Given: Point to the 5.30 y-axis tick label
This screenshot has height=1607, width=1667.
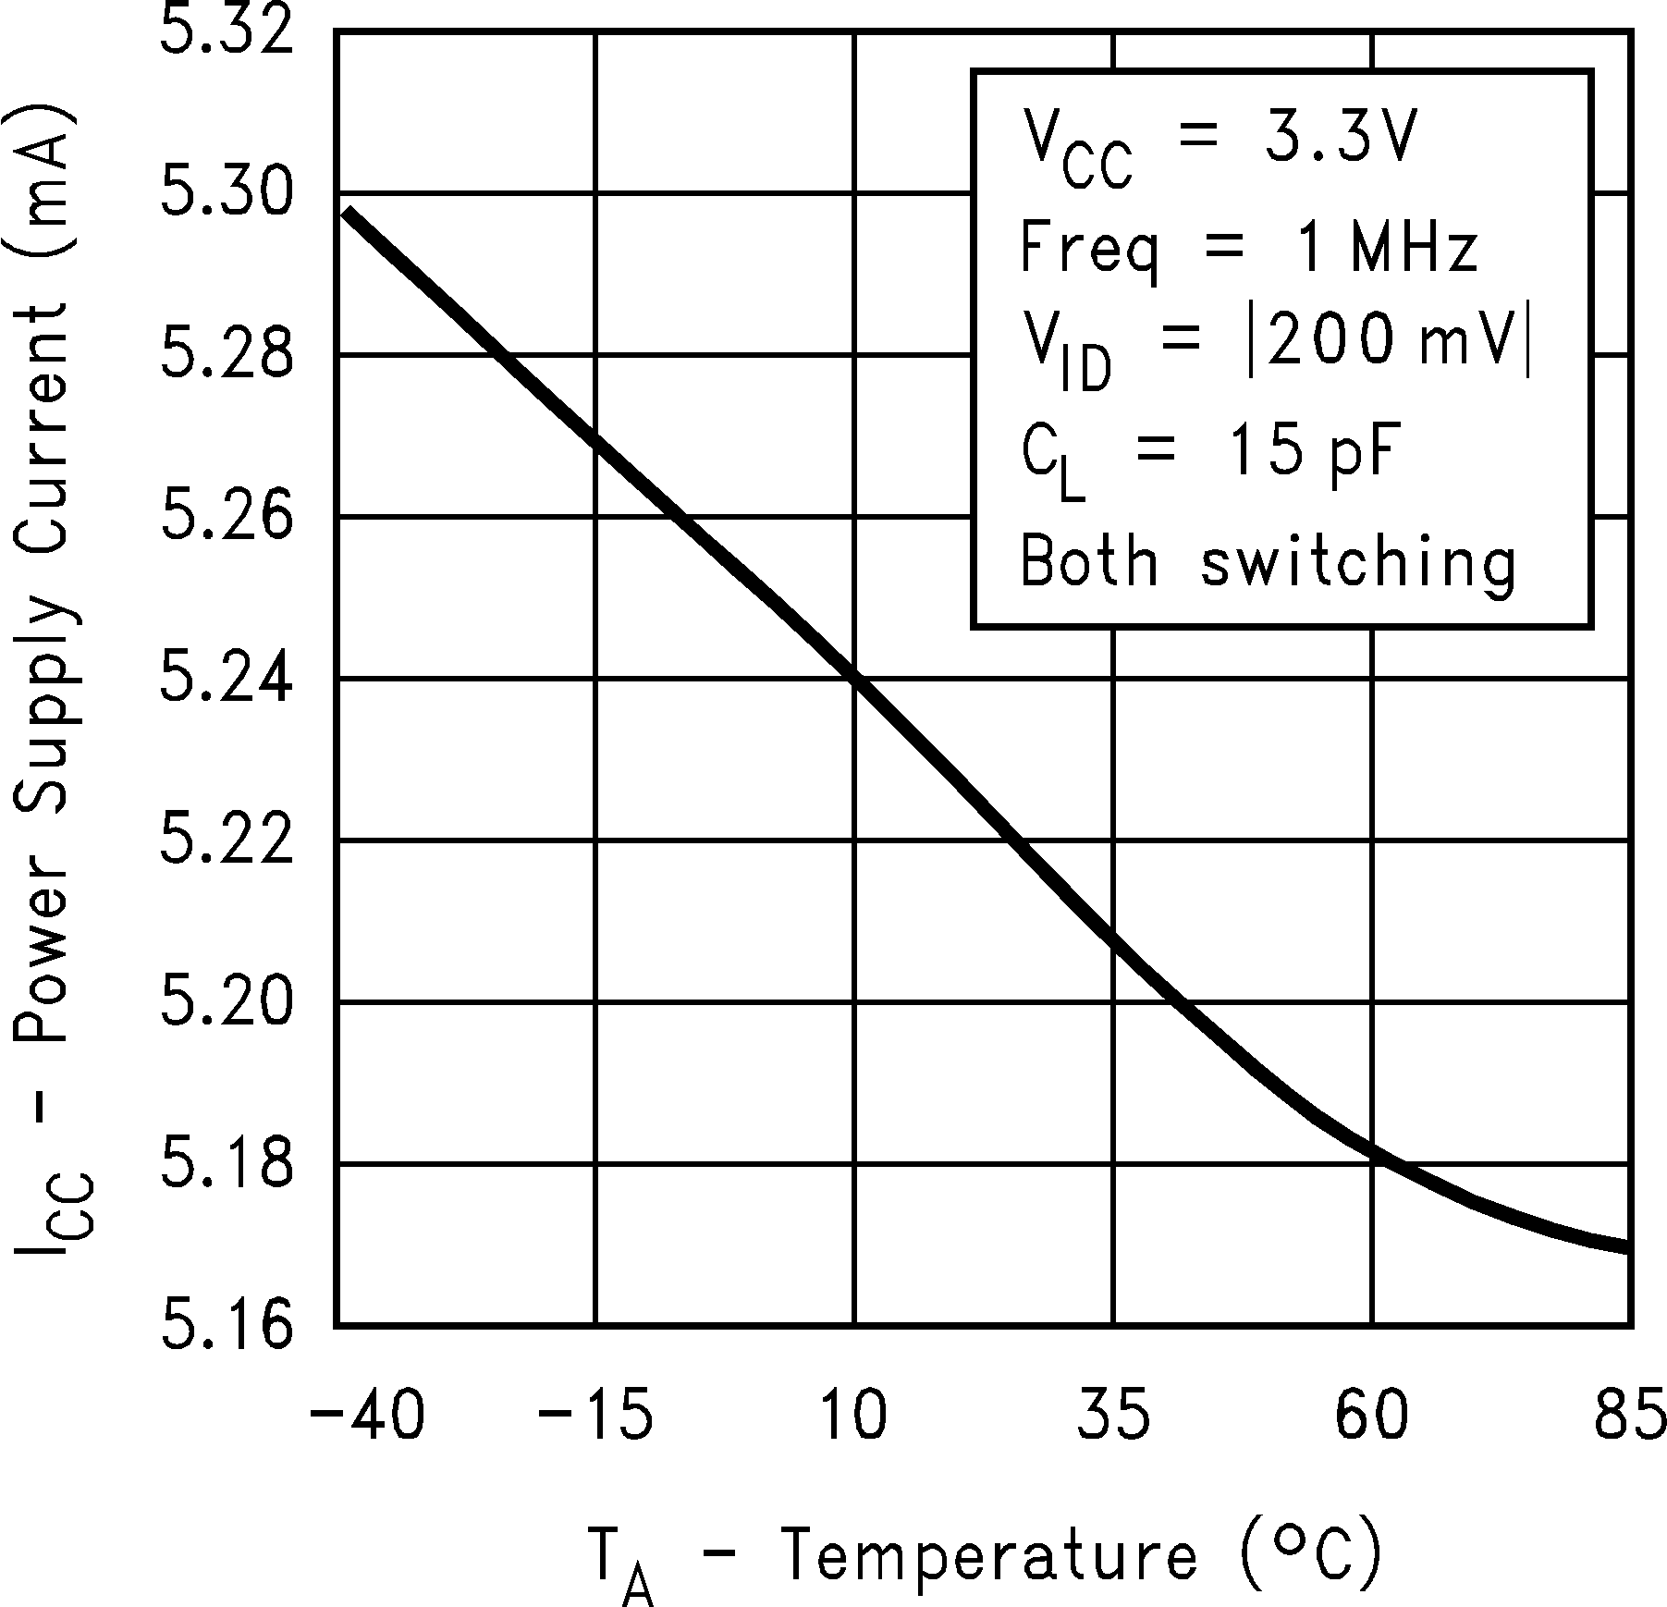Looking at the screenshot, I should [227, 194].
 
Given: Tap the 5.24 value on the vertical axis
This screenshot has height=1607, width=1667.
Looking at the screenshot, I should [227, 679].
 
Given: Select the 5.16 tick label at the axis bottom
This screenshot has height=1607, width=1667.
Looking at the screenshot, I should [227, 1324].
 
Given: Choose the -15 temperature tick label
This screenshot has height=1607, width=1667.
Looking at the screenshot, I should [596, 1416].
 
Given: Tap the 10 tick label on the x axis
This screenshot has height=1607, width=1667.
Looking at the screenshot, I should [854, 1416].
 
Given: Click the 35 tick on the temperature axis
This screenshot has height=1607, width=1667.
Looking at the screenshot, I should [1113, 1416].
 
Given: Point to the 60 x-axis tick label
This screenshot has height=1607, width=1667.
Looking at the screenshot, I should [1372, 1416].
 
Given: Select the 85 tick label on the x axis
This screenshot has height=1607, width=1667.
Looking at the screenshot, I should [1629, 1416].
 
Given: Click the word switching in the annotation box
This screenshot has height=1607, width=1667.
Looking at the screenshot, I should [1359, 562].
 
